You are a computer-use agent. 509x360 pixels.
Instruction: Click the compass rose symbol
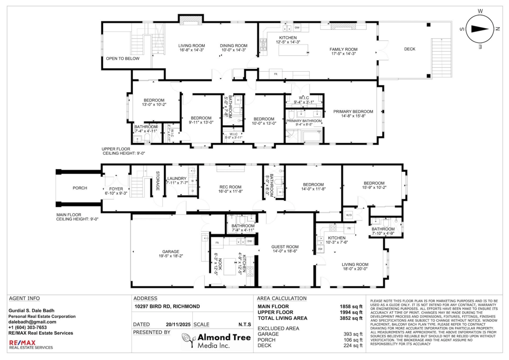point(480,29)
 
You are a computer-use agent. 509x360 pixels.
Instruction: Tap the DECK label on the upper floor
point(409,49)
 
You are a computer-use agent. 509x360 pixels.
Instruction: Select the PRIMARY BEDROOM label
point(353,112)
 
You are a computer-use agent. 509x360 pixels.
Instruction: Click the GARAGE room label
point(171,251)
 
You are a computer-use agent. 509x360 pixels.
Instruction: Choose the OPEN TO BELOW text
point(122,59)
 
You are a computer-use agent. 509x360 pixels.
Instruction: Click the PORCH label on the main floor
point(80,188)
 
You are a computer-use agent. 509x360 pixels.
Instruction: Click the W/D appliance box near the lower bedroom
point(349,215)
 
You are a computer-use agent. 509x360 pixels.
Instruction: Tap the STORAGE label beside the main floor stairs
point(158,181)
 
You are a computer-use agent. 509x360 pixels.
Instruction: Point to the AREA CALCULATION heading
point(282,299)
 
